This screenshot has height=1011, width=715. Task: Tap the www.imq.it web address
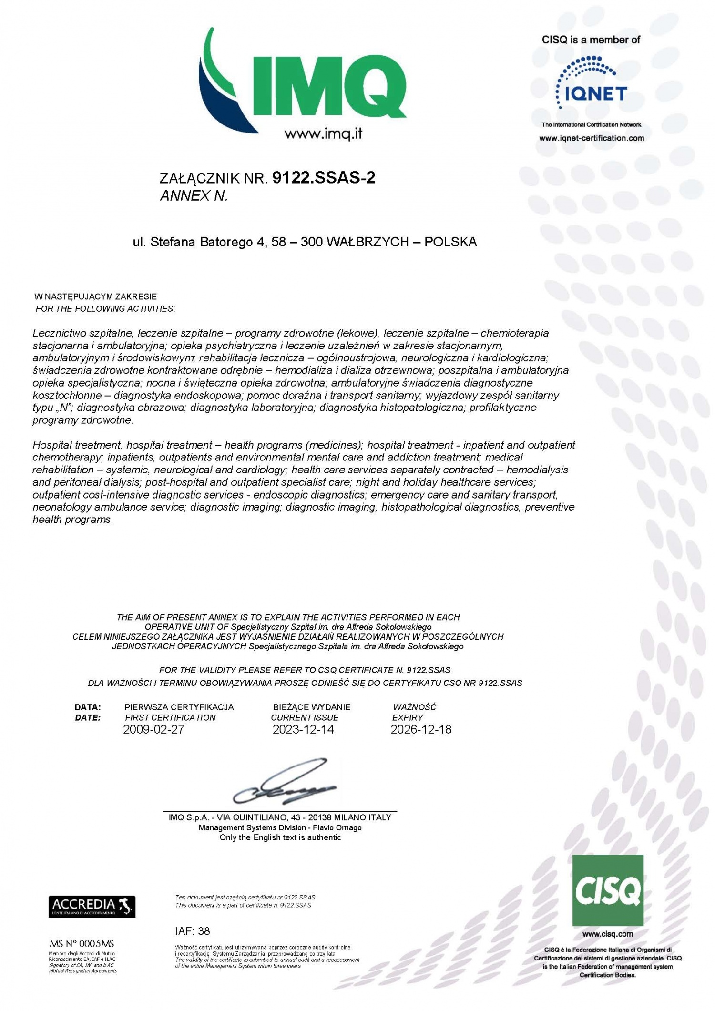coord(324,134)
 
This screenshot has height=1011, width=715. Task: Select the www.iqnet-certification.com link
coord(592,138)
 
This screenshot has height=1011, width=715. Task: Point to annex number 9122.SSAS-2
coord(324,178)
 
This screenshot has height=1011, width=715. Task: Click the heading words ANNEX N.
coord(194,196)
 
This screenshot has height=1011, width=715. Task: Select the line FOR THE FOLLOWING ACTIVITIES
coord(105,309)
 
